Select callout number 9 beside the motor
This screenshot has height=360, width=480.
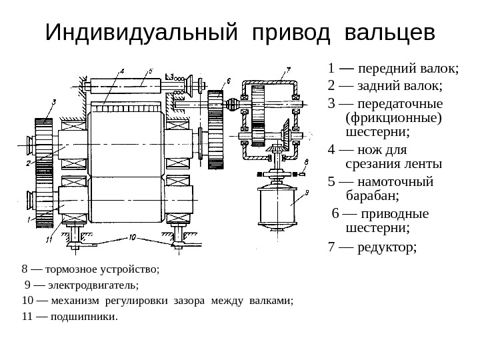pos(306,193)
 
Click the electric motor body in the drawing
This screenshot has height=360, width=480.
pos(275,207)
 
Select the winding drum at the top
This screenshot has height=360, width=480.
pos(126,87)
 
